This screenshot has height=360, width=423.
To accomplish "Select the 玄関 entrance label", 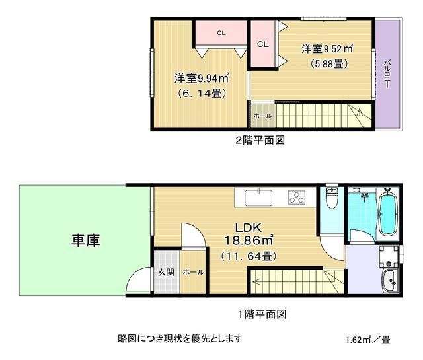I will tap(166, 272).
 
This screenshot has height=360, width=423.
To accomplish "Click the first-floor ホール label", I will tap(192, 272).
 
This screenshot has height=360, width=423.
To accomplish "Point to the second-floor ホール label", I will tap(262, 116).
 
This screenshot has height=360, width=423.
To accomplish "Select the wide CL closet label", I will tap(221, 32).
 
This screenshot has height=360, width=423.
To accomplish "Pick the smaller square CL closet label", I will tap(262, 44).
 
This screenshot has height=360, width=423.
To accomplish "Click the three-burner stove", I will tap(298, 198).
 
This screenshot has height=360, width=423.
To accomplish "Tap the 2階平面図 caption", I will tap(261, 140).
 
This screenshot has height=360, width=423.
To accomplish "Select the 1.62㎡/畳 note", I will tap(368, 341).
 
